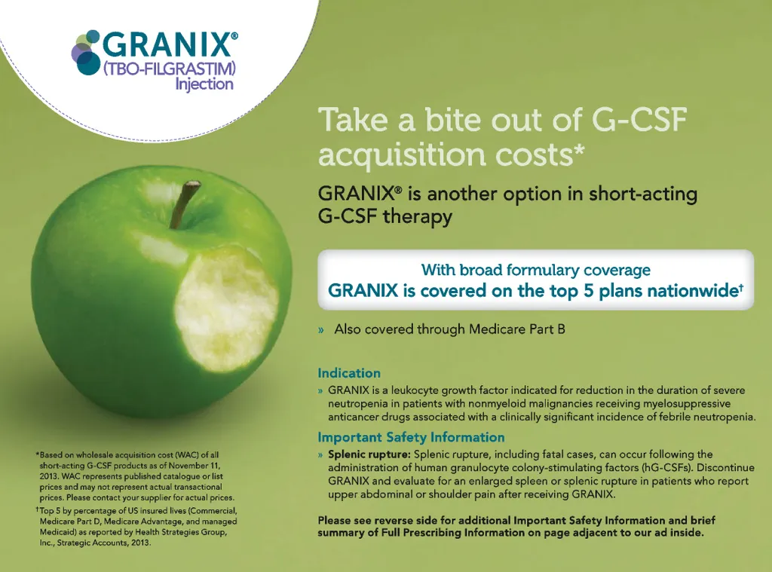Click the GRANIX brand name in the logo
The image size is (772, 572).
point(167,45)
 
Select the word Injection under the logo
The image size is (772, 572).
point(204,84)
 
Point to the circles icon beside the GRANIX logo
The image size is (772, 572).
point(86,53)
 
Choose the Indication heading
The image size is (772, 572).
point(349,373)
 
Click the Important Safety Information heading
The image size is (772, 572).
point(411,437)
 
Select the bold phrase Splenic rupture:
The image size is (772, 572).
point(369,454)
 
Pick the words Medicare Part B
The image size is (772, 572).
point(517,329)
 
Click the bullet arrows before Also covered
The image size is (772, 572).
point(321,330)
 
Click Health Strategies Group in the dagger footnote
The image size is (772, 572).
point(181,532)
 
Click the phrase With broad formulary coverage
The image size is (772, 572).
point(536,270)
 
